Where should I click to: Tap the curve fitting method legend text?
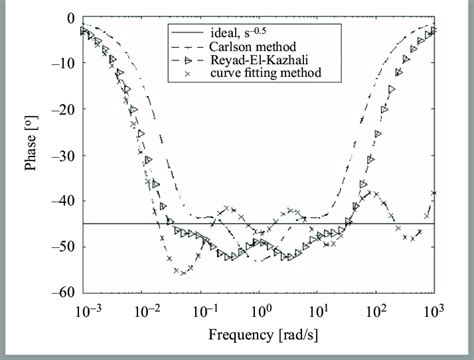[270, 72]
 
